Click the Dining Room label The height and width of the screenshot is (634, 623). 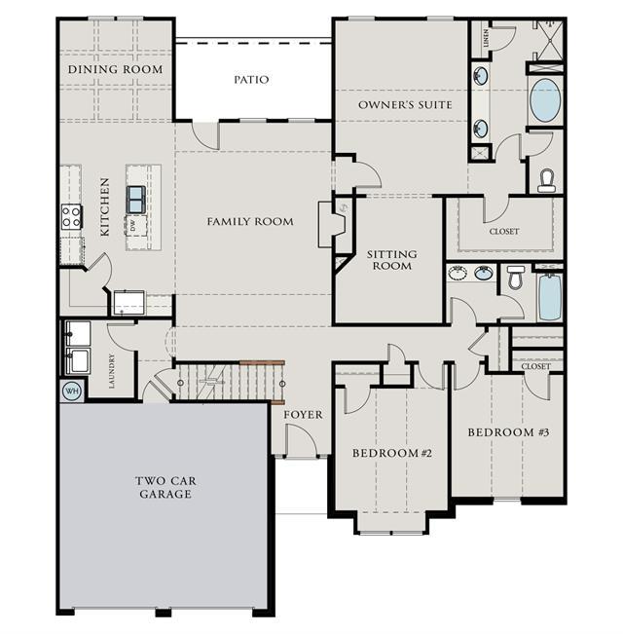(x=116, y=69)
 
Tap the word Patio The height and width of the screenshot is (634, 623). (x=251, y=79)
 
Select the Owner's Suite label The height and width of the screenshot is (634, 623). (x=405, y=105)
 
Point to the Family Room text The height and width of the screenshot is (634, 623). (x=250, y=221)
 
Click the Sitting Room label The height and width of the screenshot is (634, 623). (x=392, y=260)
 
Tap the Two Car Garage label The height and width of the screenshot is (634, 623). (x=165, y=487)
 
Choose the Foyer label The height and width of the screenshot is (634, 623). (x=303, y=415)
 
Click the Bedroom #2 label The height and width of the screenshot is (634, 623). (x=392, y=453)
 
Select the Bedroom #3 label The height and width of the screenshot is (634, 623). (x=508, y=432)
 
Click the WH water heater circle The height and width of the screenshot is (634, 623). (x=72, y=391)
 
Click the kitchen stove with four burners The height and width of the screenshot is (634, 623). (x=71, y=216)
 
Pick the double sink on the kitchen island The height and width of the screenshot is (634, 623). (x=135, y=200)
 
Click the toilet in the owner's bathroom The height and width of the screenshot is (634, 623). (x=546, y=180)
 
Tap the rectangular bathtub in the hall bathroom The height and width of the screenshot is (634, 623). (x=550, y=297)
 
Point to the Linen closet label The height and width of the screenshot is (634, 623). (x=486, y=38)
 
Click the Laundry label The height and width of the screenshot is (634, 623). (x=112, y=371)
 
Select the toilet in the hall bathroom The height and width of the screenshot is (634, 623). (x=516, y=277)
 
